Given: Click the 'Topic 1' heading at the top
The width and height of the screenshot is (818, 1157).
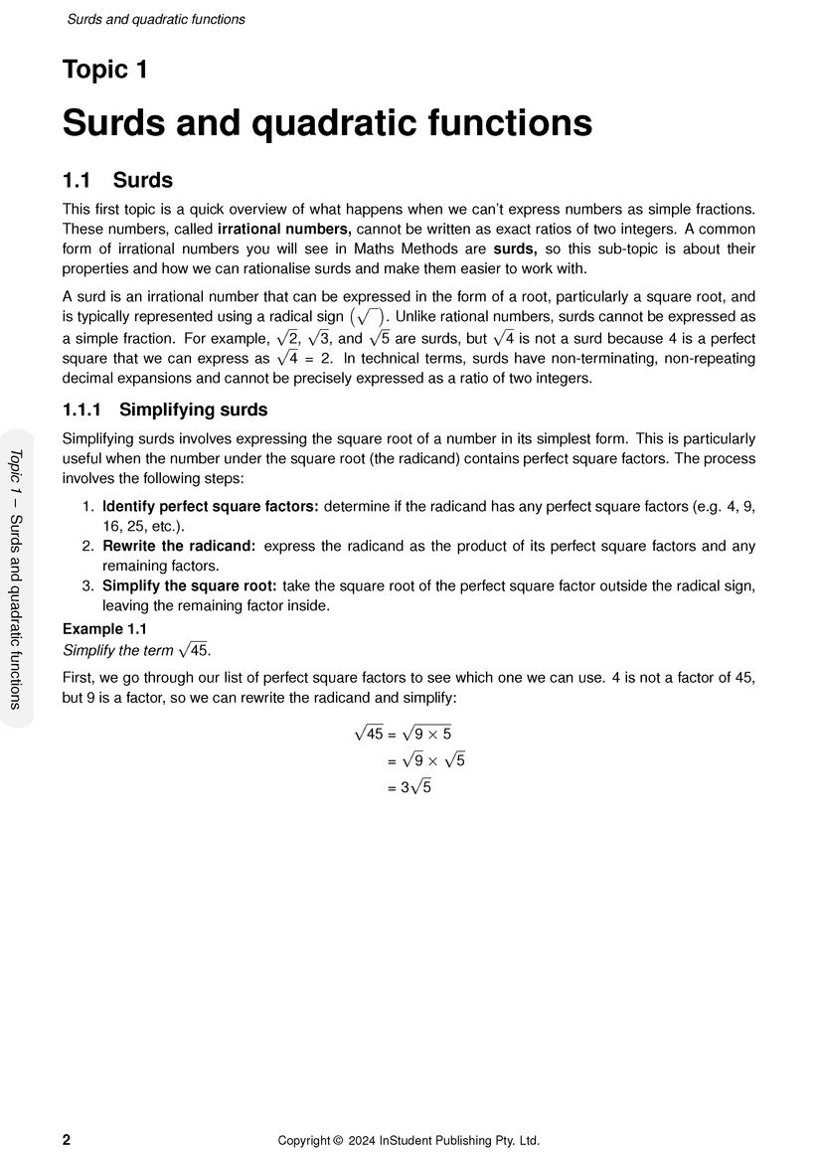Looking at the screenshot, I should [104, 71].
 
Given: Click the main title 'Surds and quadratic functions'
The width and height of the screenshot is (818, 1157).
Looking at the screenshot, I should [327, 124].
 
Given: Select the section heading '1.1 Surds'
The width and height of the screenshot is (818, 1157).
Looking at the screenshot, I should [117, 181].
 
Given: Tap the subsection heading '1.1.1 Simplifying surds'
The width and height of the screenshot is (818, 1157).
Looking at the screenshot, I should [165, 410].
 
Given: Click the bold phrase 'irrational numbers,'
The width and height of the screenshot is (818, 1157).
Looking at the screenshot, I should [285, 229].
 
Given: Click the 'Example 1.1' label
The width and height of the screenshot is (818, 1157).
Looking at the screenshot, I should [104, 629].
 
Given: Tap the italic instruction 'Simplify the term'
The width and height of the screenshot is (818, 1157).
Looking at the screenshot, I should [117, 650].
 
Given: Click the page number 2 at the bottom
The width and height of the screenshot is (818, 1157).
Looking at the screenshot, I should [67, 1140].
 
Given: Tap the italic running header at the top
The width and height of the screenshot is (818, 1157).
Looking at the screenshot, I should [156, 19].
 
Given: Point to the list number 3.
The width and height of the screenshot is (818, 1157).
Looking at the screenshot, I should [88, 585].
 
